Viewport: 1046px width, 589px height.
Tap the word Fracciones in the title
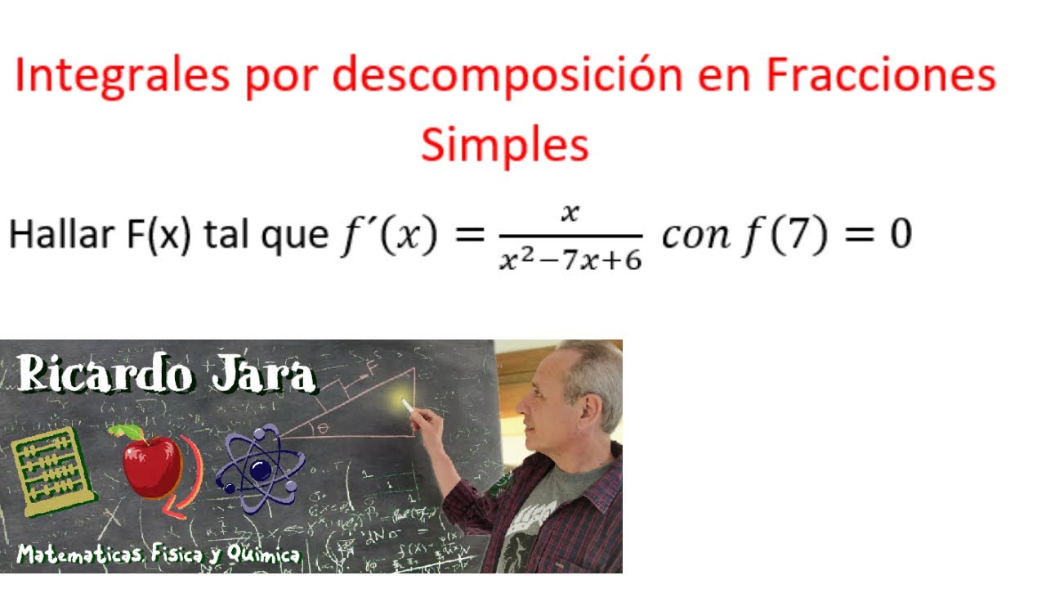click(881, 77)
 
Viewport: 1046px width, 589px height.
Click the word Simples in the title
click(504, 145)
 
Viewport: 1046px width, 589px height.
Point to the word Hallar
click(62, 236)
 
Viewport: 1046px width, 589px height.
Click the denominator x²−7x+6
click(570, 260)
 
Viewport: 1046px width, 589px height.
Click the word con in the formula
click(695, 236)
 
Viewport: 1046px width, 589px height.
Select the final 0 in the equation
click(900, 236)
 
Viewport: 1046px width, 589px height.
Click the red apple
click(150, 465)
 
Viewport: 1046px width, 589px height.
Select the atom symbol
click(260, 470)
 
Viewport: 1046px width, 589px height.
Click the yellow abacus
click(52, 473)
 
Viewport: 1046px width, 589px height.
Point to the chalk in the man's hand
click(407, 406)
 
